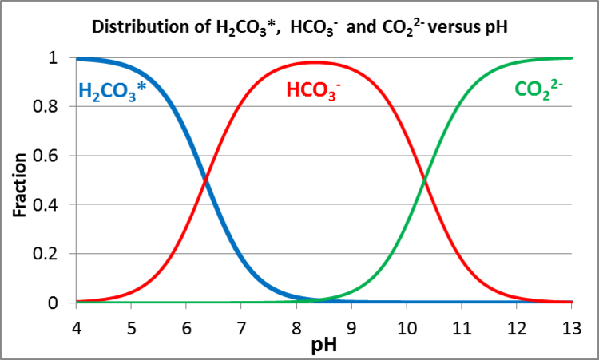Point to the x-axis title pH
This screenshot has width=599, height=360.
[x=323, y=345]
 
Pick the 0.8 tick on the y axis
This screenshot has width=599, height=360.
[x=54, y=107]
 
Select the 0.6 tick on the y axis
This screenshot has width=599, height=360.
[x=54, y=156]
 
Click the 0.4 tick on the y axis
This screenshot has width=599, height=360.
[x=54, y=205]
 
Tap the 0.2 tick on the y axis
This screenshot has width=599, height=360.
[x=54, y=254]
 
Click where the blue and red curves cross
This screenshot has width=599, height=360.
[x=206, y=180]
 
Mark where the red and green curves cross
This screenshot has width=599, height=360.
[x=426, y=180]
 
